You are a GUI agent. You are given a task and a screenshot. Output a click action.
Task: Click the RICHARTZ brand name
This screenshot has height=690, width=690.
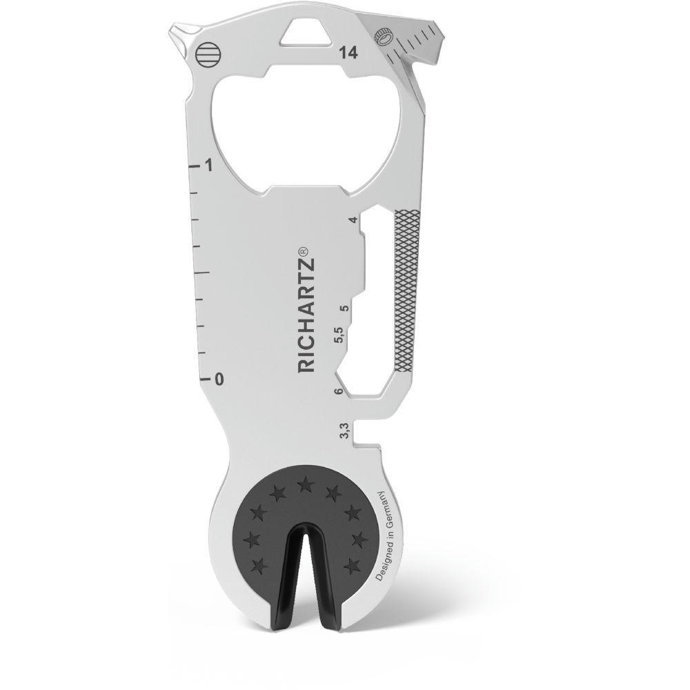coord(307,318)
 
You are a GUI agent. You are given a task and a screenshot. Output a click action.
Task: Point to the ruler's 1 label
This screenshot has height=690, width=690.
coord(208,166)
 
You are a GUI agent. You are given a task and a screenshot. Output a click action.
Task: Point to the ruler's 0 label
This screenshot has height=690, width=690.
coord(219,379)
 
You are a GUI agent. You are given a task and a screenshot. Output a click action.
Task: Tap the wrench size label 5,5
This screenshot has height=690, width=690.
coord(338,338)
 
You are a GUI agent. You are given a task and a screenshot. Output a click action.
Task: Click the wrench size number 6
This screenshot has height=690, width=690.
coord(338,392)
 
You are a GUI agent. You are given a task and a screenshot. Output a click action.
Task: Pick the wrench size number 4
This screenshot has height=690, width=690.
coord(353,221)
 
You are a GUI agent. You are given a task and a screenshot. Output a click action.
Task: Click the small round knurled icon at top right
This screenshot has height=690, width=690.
coord(382,36)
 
